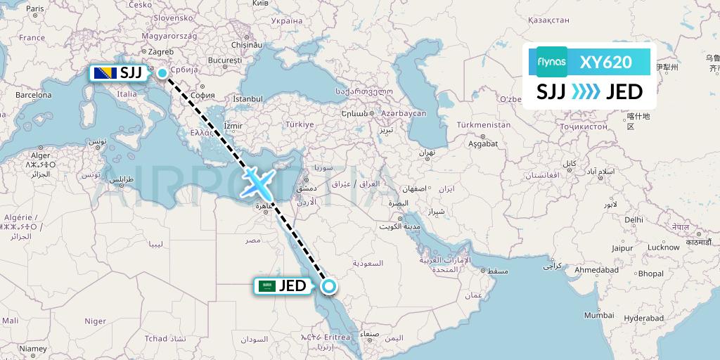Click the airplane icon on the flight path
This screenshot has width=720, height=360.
point(256,184)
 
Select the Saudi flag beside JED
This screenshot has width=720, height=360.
point(266,285)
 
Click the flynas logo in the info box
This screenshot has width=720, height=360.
point(551,62)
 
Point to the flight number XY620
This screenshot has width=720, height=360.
point(605,62)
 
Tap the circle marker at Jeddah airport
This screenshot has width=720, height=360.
point(328,285)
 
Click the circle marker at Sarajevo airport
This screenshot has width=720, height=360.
point(162,72)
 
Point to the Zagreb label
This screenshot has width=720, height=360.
point(161,51)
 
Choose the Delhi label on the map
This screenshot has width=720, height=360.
point(634,219)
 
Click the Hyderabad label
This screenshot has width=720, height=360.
point(643,319)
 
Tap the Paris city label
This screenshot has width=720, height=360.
point(34,8)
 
